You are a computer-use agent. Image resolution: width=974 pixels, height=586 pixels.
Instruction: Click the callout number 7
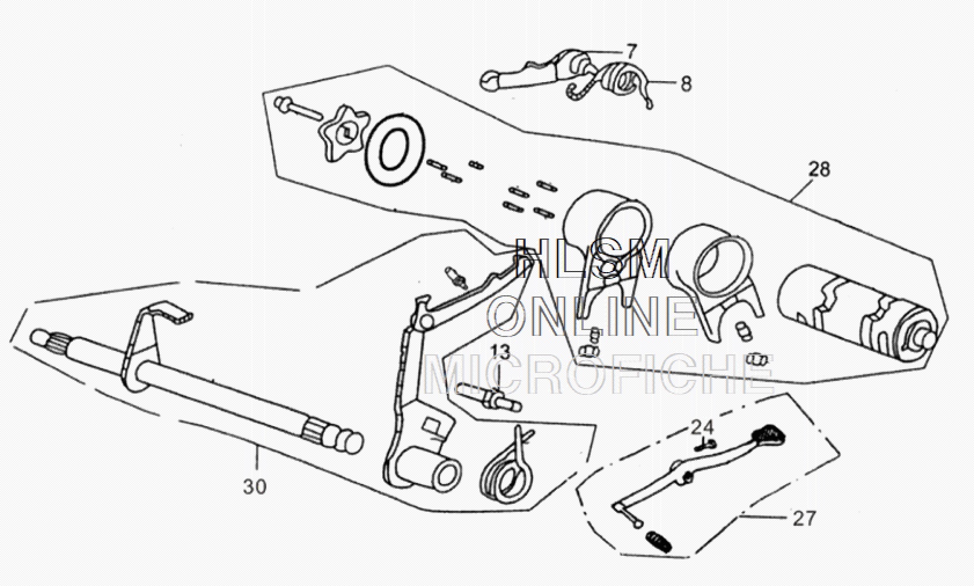631,51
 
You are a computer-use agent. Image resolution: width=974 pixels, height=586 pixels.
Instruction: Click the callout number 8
686,84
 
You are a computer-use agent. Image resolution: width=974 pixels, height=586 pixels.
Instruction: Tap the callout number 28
819,169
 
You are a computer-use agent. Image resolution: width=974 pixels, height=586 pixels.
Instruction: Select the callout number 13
501,351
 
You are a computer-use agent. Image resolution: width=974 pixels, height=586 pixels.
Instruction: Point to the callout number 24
702,427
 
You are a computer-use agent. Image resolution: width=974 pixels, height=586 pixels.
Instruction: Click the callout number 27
804,518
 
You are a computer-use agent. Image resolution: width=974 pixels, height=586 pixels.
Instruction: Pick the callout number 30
255,486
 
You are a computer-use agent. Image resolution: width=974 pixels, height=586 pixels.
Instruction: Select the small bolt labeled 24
705,445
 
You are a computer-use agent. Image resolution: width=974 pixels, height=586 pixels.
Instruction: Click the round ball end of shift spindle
351,443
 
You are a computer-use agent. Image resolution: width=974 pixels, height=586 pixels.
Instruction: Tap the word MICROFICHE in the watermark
599,373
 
